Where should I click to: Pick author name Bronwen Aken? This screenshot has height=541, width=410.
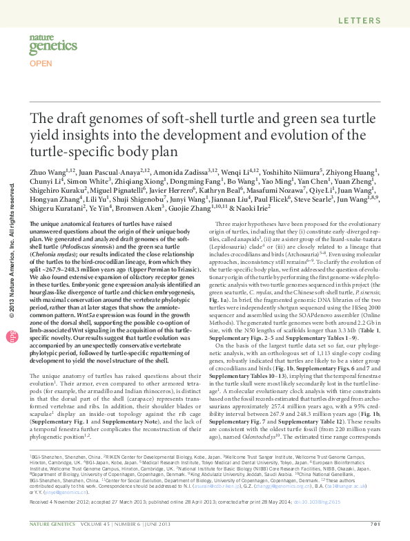click(x=143, y=207)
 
